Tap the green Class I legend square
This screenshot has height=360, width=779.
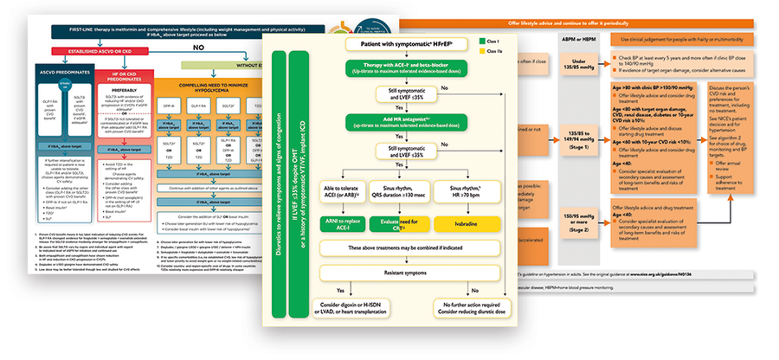pyautogui.click(x=470, y=40)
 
